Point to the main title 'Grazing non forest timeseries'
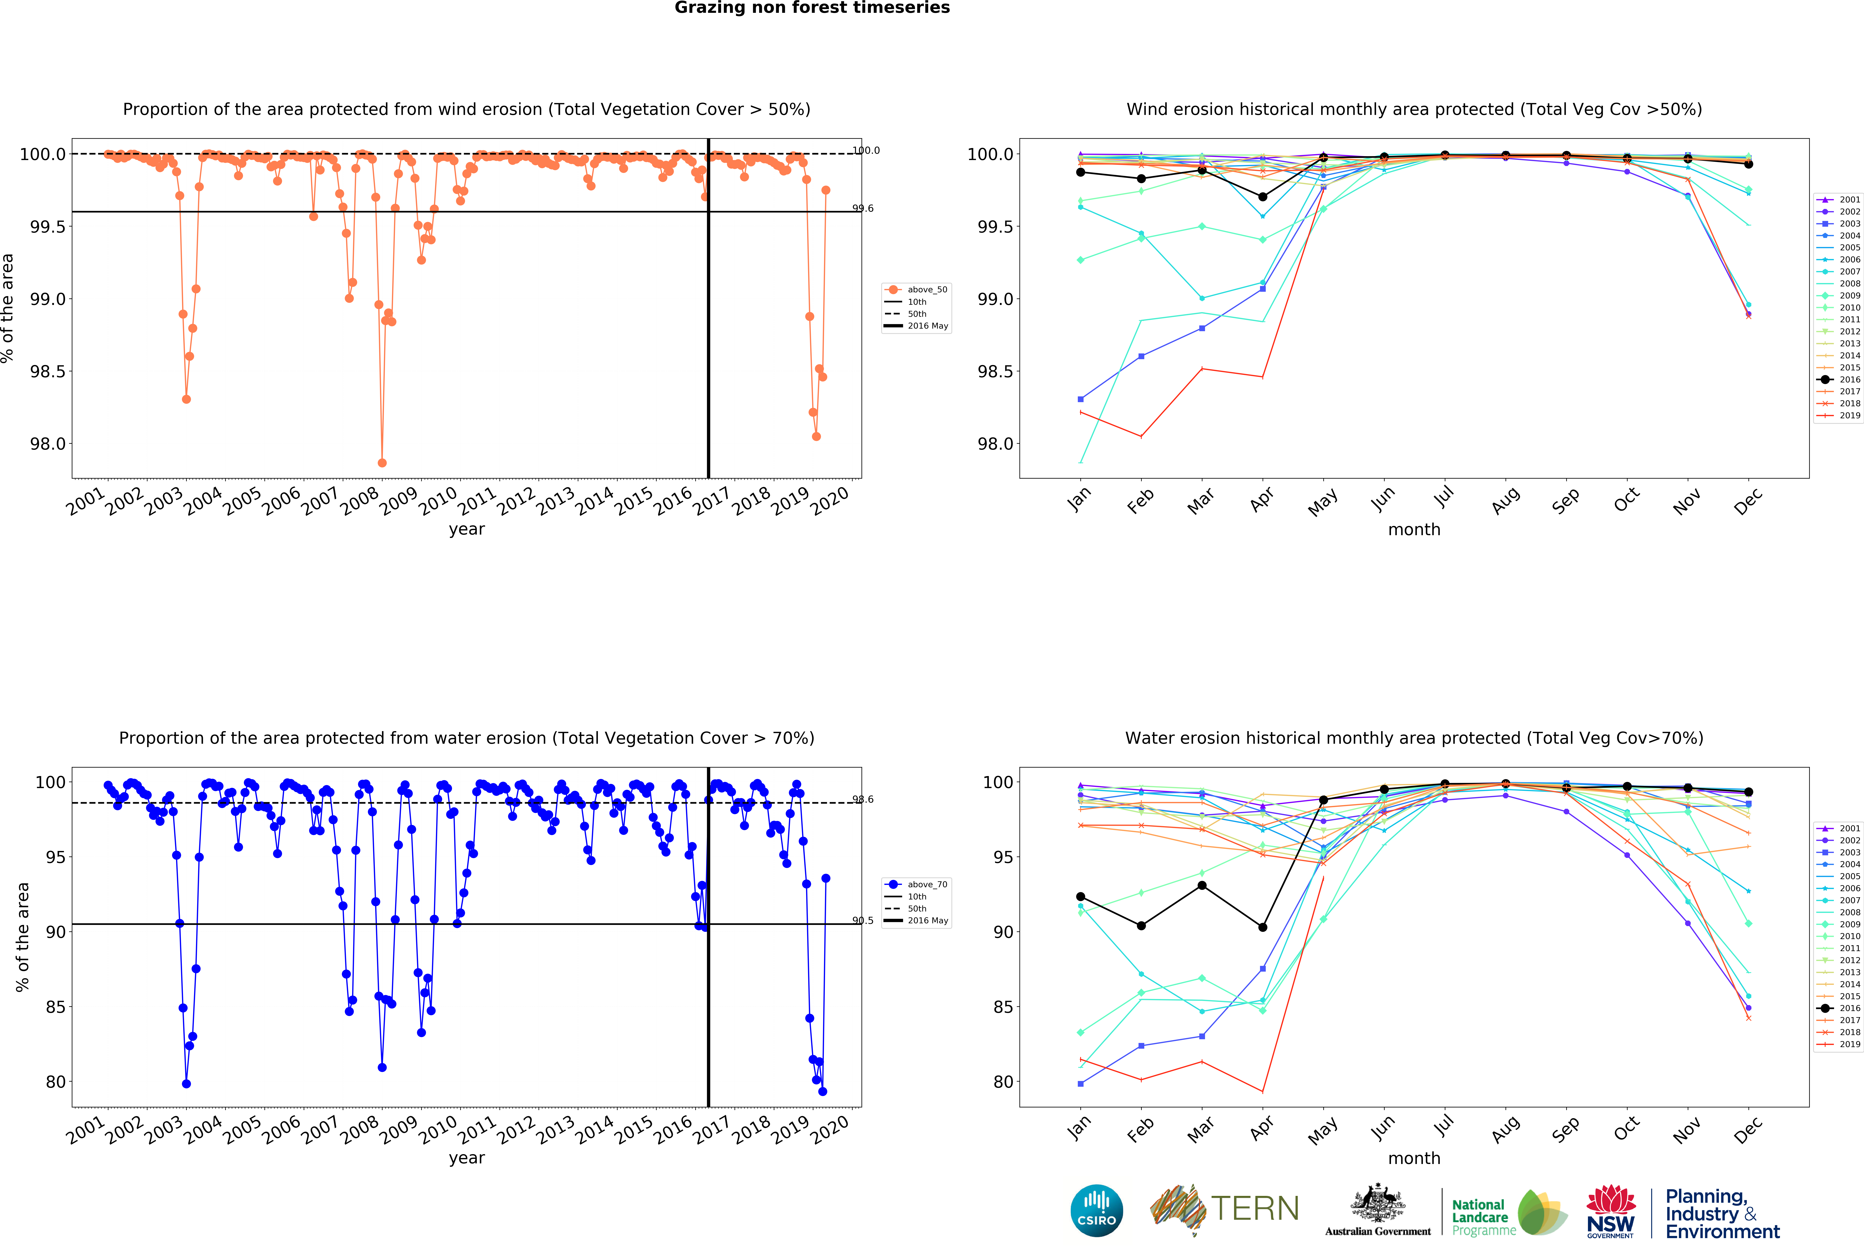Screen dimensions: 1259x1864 [x=812, y=8]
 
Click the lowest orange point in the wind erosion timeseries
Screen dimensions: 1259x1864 [x=382, y=463]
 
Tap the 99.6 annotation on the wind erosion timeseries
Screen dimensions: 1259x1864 [x=862, y=209]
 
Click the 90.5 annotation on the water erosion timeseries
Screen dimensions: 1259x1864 [x=862, y=921]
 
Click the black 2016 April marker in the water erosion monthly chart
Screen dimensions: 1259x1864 [x=1262, y=927]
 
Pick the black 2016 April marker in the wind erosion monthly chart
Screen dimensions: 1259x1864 [x=1262, y=197]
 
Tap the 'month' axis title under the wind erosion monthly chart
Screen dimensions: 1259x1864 [x=1414, y=529]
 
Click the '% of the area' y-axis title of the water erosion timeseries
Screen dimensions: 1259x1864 [x=22, y=937]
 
